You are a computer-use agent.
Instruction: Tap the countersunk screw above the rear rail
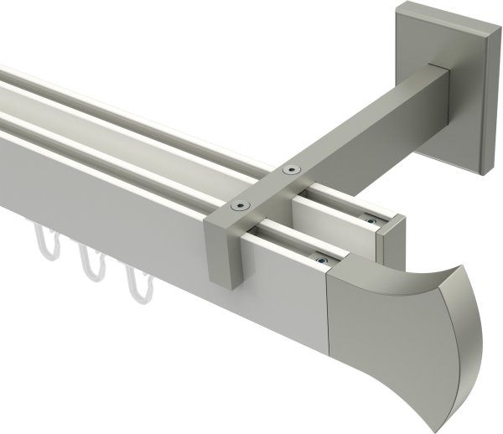(291, 169)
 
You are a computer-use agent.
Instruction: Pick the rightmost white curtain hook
(134, 286)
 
